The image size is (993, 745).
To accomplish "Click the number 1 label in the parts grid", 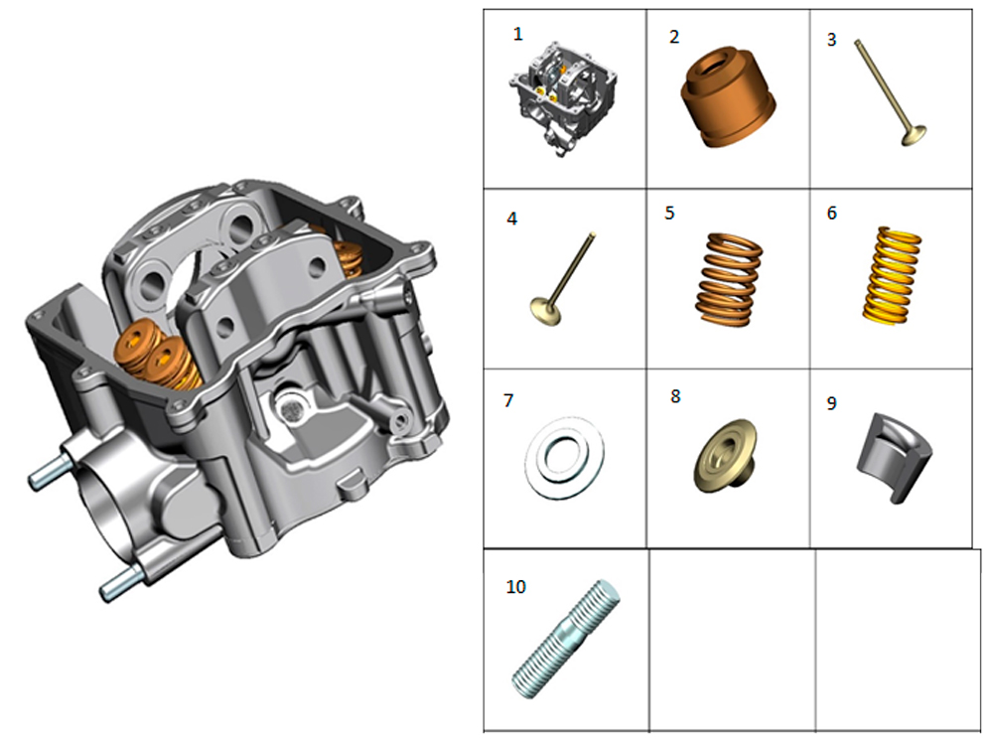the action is point(518,34).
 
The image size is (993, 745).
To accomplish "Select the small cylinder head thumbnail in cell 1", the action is point(562,98).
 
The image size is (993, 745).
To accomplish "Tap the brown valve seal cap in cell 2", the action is point(730,97).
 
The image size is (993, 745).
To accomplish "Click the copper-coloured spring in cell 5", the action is point(730,280).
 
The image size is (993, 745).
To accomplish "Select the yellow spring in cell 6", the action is point(891,277).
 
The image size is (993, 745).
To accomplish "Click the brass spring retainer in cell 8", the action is point(726,456).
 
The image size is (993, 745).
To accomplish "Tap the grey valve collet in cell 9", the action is point(893,457).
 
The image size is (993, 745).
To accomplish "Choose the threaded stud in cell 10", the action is point(565,640).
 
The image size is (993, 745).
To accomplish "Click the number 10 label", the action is point(515,587).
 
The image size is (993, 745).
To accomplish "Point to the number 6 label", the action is point(831,213).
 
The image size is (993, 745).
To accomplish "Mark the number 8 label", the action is point(675,396).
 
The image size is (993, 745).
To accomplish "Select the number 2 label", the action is point(674,38).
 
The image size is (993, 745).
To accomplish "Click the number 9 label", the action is point(831,403).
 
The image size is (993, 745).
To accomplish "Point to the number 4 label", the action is point(511,220).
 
